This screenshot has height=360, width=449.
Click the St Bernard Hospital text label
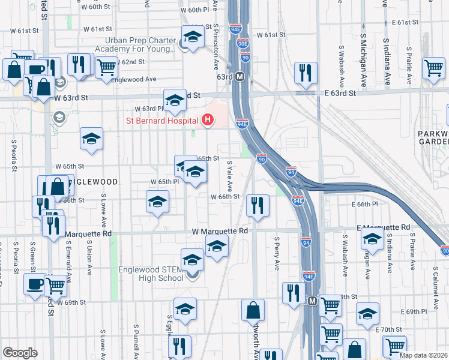(x=162, y=121)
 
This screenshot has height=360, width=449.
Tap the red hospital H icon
(x=208, y=121)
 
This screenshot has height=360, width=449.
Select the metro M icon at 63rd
(x=239, y=77)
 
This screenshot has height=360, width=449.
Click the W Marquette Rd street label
(x=220, y=231)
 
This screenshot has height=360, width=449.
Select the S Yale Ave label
(x=229, y=176)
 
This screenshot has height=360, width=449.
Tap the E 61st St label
(x=405, y=22)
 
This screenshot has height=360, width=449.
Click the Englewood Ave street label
(x=133, y=79)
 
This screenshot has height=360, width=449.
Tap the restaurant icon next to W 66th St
(x=258, y=206)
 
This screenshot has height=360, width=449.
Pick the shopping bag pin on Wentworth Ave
(x=253, y=310)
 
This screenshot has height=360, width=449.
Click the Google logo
(x=20, y=353)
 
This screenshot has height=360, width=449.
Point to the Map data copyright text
(x=424, y=355)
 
